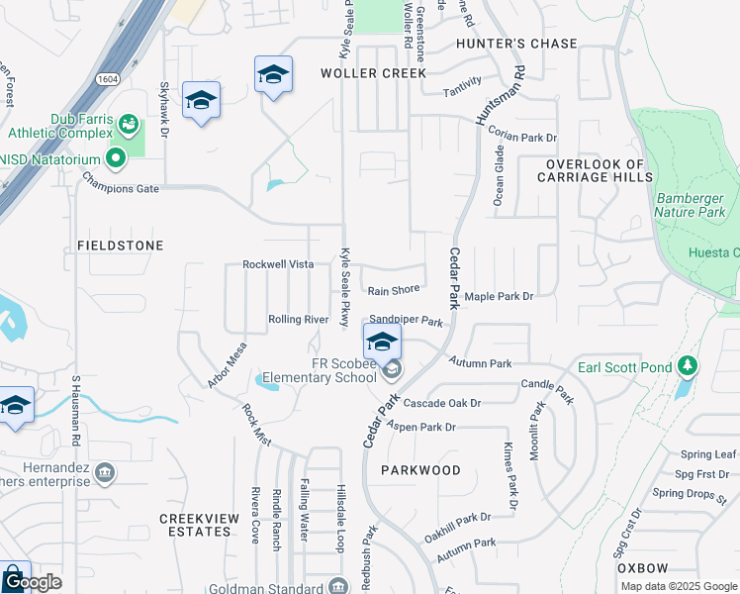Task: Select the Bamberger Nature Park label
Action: (x=691, y=205)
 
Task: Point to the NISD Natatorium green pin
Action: (x=116, y=156)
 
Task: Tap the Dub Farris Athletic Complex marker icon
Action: (x=128, y=124)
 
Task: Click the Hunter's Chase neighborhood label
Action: (x=515, y=44)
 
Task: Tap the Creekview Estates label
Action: (x=196, y=525)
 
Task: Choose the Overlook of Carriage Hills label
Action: (x=595, y=170)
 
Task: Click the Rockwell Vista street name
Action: (x=278, y=264)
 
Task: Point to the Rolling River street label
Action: (x=298, y=320)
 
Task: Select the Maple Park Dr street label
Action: (x=499, y=296)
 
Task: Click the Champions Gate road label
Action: (x=120, y=182)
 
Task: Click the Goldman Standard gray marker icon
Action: (x=338, y=586)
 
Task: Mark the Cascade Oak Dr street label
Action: (x=441, y=403)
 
